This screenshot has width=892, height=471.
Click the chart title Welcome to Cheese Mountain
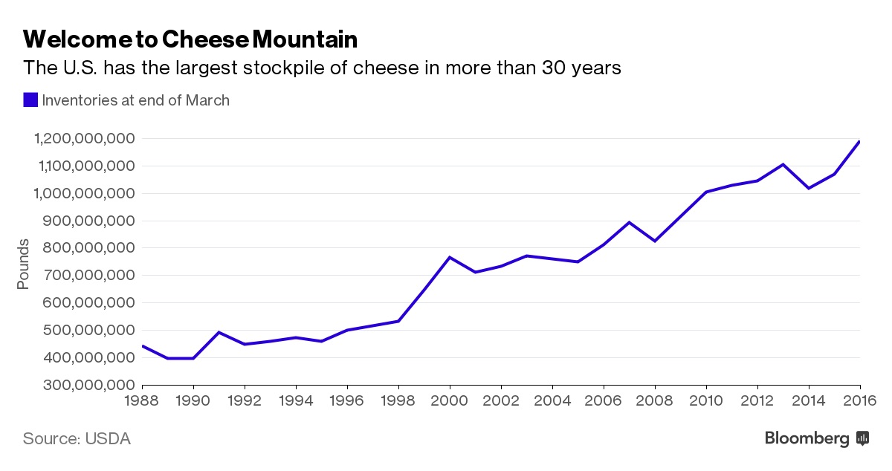pos(190,39)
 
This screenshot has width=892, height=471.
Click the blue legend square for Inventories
pos(30,100)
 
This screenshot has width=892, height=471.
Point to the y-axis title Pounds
pos(23,264)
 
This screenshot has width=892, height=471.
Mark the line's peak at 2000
pos(450,257)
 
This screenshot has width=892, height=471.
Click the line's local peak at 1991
pos(219,332)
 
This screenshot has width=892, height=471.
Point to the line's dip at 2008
pos(655,241)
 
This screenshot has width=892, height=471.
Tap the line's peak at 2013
pos(783,164)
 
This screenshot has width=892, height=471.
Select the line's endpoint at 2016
pos(859,141)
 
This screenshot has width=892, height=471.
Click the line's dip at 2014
pos(809,188)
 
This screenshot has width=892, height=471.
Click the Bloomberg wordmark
pos(807,439)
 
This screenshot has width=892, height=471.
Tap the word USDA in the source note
pos(108,439)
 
